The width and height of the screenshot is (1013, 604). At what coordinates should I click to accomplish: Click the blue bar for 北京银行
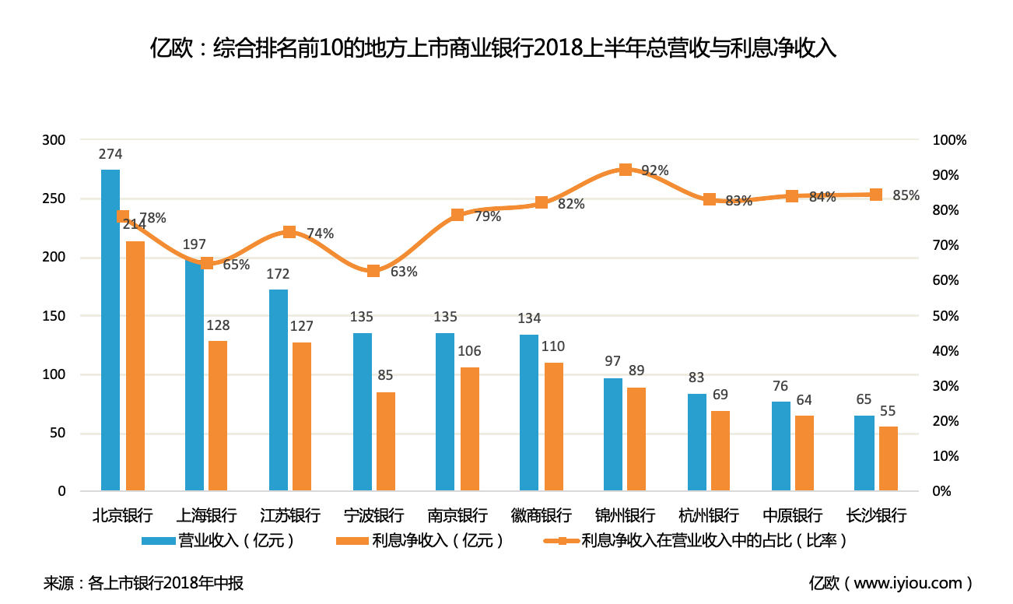[110, 330]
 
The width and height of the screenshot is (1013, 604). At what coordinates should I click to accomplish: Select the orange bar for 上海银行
[218, 416]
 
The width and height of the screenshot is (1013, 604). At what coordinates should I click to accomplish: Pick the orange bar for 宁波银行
[386, 441]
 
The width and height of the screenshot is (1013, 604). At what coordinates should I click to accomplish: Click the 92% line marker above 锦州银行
[626, 170]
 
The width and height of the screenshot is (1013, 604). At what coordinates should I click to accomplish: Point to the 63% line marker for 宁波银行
[373, 271]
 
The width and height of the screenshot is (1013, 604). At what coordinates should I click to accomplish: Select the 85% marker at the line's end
[876, 195]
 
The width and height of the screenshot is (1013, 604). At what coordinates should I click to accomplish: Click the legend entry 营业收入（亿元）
[218, 540]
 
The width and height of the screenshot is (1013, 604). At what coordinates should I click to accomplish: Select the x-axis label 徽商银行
[542, 515]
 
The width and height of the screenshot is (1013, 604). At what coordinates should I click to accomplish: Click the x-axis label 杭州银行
[709, 515]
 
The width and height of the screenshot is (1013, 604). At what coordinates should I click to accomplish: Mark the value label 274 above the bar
[110, 154]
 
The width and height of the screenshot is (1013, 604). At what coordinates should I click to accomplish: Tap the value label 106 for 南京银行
[469, 352]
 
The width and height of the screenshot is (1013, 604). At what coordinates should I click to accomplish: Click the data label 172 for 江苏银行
[278, 274]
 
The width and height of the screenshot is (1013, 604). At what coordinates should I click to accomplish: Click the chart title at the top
[493, 48]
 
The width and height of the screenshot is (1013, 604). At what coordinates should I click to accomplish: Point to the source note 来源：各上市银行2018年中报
[144, 583]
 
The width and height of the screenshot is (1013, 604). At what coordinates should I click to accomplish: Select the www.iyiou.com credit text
[891, 583]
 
